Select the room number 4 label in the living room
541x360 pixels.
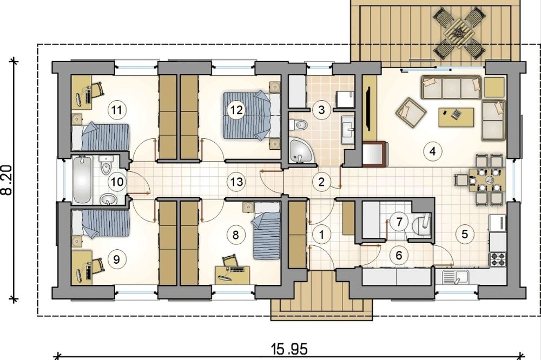click(433, 151)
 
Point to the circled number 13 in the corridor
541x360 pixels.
click(237, 182)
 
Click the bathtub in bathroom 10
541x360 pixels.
click(83, 180)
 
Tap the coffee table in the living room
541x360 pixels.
click(456, 117)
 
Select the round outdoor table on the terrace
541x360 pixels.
click(458, 33)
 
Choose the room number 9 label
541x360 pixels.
click(116, 259)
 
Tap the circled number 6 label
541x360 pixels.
click(399, 256)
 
